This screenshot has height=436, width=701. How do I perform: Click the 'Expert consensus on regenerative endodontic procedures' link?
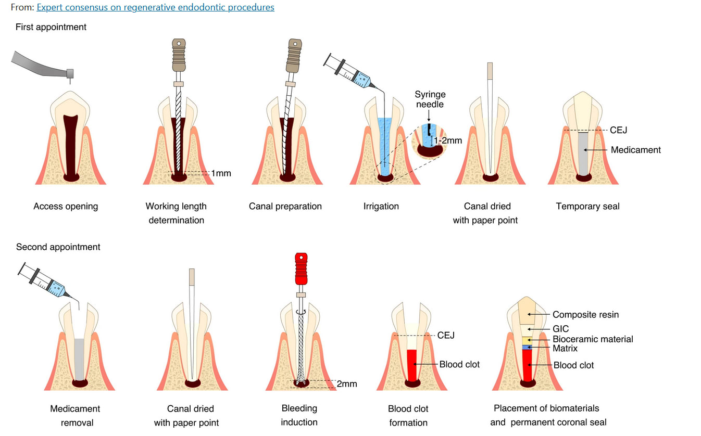tap(155, 7)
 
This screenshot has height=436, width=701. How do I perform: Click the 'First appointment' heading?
tap(51, 27)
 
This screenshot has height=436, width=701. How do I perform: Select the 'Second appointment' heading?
tap(58, 247)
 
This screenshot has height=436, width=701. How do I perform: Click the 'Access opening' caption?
tap(66, 206)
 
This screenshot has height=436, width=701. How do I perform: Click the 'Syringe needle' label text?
tap(430, 99)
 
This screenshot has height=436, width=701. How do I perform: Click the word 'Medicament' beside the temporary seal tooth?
tap(635, 150)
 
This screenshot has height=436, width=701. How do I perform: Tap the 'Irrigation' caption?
tap(381, 206)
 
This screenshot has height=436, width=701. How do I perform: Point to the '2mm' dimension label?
tap(346, 384)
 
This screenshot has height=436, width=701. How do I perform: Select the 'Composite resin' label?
tap(585, 314)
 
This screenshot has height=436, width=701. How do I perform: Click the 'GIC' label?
tap(560, 329)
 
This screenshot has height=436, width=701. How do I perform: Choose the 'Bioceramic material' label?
tap(593, 339)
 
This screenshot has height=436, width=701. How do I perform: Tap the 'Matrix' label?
tap(565, 348)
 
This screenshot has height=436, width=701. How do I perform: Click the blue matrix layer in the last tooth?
tap(527, 347)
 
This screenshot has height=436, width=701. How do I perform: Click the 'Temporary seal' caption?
tap(587, 206)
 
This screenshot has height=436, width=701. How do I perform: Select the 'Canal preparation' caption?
tap(285, 206)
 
